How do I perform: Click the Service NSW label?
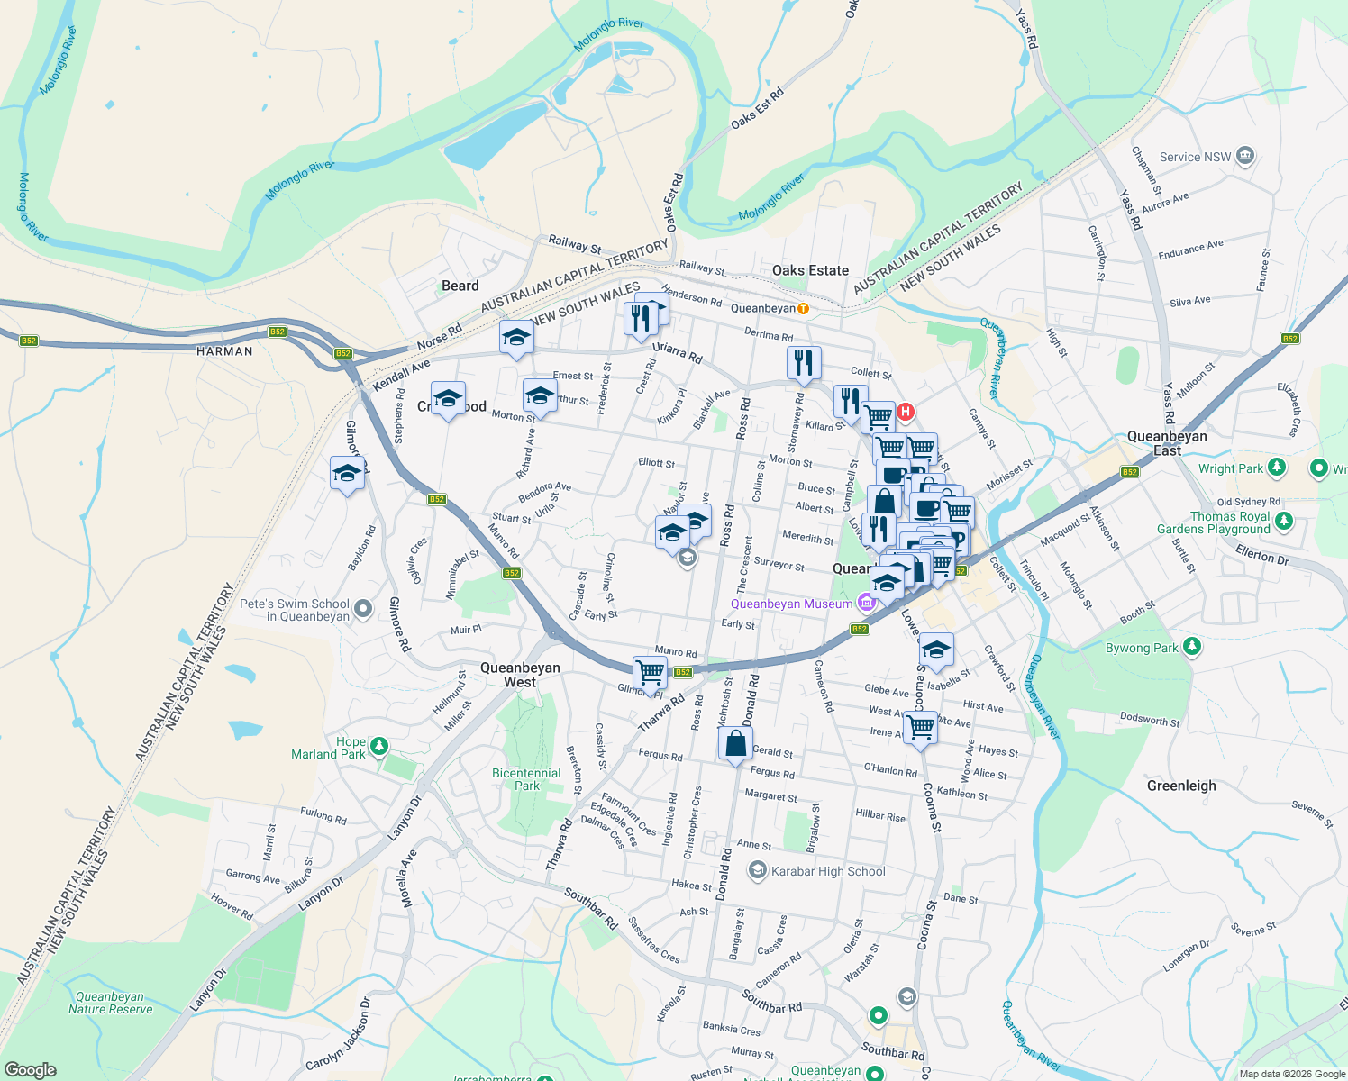tap(1195, 157)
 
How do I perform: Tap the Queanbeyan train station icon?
tap(803, 309)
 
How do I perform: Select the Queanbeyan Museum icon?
tap(866, 602)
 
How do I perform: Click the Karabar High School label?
tap(828, 871)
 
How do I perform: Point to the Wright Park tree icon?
tap(1276, 468)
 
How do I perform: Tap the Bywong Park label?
tap(1142, 648)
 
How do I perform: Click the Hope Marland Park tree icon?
tap(379, 746)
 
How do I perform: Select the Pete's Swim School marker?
tap(363, 609)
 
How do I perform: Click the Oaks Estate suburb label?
tap(810, 270)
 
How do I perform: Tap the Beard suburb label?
tap(460, 286)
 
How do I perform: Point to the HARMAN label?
tap(224, 351)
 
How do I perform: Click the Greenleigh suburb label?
tap(1181, 786)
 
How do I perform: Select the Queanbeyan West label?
tap(520, 675)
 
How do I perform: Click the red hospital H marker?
tap(906, 412)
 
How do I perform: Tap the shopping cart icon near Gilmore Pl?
tap(650, 672)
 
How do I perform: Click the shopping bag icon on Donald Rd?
tap(735, 744)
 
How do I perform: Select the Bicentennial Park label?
tap(526, 779)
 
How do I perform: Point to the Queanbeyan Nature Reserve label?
tap(110, 1003)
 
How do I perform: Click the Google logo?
tap(30, 1069)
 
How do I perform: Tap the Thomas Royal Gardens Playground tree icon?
tap(1284, 521)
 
